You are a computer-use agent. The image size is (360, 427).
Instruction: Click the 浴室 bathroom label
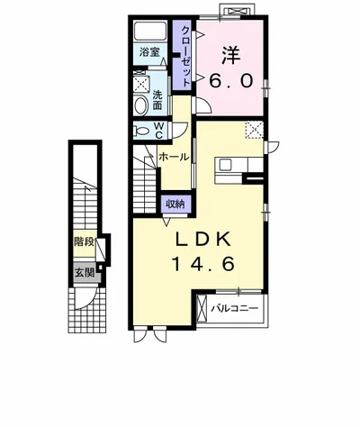click(149, 52)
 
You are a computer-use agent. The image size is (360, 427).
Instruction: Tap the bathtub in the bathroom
click(150, 31)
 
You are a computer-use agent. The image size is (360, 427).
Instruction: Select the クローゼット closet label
click(185, 56)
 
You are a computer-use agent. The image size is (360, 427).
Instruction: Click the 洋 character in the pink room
click(231, 55)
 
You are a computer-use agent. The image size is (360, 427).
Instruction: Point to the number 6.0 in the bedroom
click(230, 81)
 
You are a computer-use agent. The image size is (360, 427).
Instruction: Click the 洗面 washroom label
click(157, 100)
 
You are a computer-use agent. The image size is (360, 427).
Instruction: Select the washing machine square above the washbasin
click(140, 84)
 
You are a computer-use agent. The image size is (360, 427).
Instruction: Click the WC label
click(158, 131)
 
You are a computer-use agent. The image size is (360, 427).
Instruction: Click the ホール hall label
click(174, 157)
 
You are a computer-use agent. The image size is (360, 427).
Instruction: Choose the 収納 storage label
click(175, 204)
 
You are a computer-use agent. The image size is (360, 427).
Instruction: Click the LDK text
click(203, 240)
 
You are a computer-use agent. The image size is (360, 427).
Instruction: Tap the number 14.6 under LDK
click(202, 264)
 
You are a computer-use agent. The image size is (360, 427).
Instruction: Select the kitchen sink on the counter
click(225, 165)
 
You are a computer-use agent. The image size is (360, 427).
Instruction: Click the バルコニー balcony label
click(235, 308)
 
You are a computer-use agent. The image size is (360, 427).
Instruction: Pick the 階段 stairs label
click(85, 241)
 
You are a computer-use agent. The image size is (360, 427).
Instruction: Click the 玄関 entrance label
click(85, 273)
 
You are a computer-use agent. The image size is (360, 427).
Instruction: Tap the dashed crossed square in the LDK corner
click(255, 131)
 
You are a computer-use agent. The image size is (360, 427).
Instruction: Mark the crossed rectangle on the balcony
click(202, 308)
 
